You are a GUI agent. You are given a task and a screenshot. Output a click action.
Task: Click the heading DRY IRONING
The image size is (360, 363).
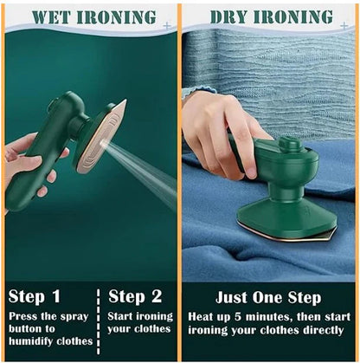(271, 16)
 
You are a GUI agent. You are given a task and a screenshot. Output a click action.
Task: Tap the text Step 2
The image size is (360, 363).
(139, 297)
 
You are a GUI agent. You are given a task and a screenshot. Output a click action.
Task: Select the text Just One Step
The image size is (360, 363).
(269, 297)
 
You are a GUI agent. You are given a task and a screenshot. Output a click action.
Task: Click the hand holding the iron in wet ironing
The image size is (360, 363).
(30, 165)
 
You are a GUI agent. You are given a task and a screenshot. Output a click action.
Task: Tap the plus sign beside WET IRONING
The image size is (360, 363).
(167, 26)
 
